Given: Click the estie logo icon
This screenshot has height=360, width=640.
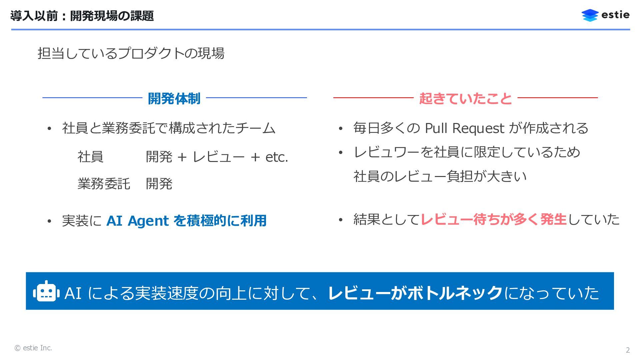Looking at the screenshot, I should [590, 15].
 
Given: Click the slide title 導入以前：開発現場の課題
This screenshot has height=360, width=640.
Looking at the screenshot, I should [82, 16].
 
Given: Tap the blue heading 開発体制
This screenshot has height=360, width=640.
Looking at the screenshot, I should [174, 99].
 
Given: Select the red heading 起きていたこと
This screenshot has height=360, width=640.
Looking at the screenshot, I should [465, 99].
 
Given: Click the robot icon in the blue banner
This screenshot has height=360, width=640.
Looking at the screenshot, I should [46, 292].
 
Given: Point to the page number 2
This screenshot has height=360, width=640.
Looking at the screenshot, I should [628, 350].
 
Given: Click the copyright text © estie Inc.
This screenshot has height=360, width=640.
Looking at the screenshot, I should [33, 348].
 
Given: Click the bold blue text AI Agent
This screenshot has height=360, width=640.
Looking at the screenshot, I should [137, 221].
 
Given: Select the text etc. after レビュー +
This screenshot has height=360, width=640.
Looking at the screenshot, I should [277, 157].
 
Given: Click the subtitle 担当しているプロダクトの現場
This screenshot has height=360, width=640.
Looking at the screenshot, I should [131, 53].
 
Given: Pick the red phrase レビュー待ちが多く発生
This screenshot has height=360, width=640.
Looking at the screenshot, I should [493, 219].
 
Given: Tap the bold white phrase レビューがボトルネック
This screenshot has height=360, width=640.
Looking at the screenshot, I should [415, 293].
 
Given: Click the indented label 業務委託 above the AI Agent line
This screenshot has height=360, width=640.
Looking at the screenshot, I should [104, 184].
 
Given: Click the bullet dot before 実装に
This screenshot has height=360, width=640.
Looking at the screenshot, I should [49, 221].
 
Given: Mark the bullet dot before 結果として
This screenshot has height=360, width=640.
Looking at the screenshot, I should [340, 220].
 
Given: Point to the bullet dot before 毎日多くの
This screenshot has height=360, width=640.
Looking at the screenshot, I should [340, 129].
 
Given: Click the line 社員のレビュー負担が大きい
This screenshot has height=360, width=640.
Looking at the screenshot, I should [440, 176].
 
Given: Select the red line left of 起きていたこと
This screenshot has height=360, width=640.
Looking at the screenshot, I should [373, 98].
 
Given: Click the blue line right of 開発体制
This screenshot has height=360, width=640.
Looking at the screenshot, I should [256, 98].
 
